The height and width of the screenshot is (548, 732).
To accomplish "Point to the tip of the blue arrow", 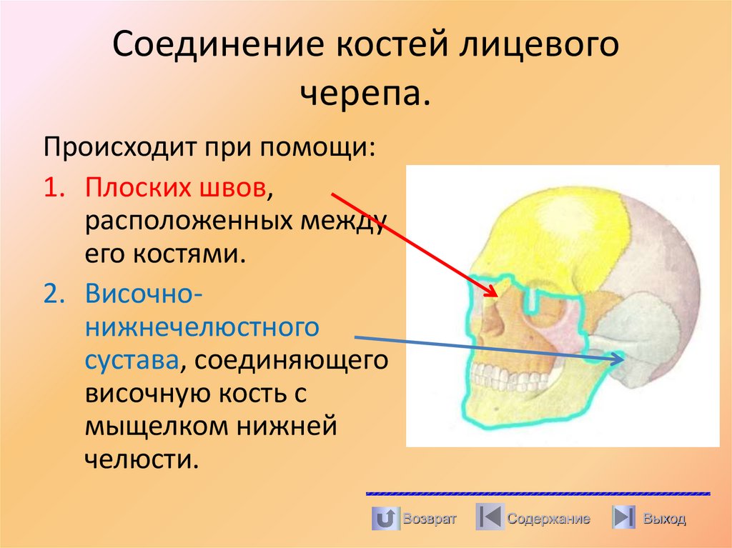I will point(620,362).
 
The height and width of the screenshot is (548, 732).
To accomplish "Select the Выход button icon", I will point(624,517).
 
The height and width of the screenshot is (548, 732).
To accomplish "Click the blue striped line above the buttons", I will point(538,494).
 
